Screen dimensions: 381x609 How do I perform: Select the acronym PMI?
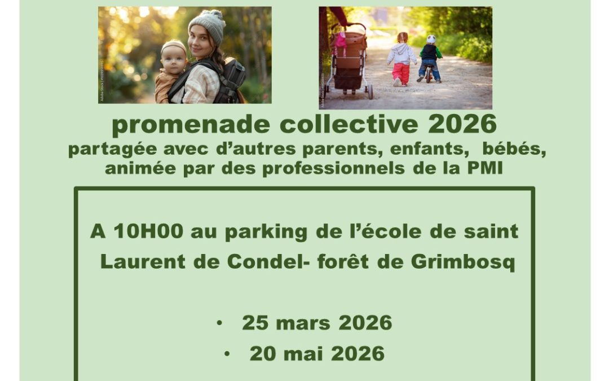(x=486, y=168)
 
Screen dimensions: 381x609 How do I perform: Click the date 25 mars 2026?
(x=317, y=323)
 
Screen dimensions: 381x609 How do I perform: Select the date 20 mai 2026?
(x=317, y=354)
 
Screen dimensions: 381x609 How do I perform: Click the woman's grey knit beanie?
(x=207, y=24)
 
